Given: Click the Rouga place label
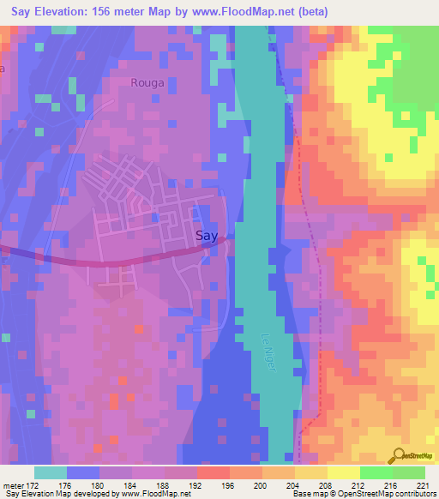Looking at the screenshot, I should (147, 83).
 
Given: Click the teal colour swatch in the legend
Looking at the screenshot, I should (51, 472).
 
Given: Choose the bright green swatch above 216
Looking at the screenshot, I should (376, 472).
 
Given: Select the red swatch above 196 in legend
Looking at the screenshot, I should (213, 472).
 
